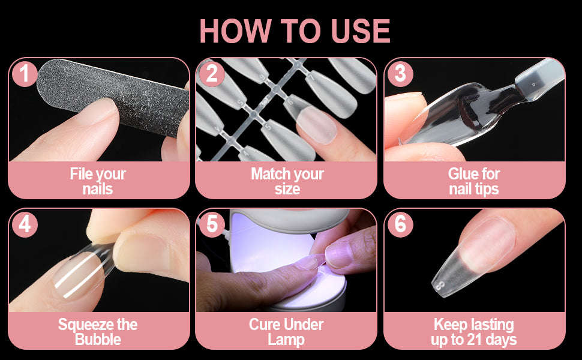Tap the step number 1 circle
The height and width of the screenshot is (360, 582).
(x=25, y=74)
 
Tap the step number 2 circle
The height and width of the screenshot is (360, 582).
(x=212, y=74)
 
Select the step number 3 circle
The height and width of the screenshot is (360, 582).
(x=400, y=74)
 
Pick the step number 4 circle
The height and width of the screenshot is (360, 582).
(x=25, y=224)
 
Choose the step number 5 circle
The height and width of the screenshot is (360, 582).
(x=212, y=224)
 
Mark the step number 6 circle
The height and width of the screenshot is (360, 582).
(x=400, y=224)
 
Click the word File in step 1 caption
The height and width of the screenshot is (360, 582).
(x=82, y=174)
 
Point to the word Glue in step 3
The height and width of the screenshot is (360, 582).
(x=461, y=174)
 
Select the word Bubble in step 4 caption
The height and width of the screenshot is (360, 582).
(x=98, y=339)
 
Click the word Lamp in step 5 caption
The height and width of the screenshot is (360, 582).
(x=286, y=339)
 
